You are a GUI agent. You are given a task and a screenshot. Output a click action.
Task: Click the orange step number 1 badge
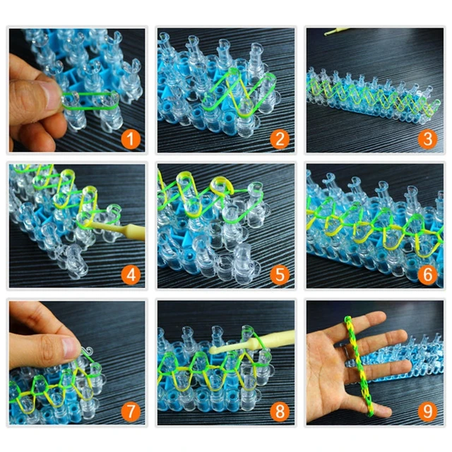point(129,138)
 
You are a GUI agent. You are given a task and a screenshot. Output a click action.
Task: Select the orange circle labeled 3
point(427,138)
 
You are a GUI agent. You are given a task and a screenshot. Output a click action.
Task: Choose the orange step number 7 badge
point(129,410)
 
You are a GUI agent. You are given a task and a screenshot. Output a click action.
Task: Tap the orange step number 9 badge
point(427,410)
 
